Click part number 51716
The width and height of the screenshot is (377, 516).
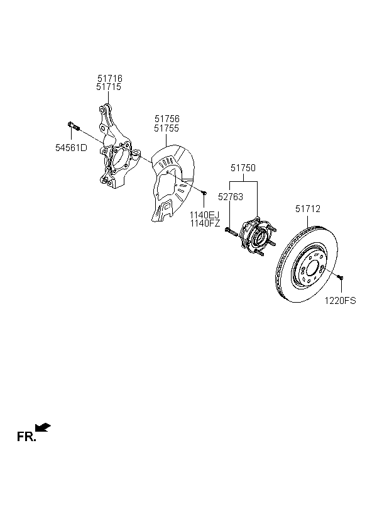coord(110,78)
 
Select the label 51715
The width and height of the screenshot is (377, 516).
coord(109,87)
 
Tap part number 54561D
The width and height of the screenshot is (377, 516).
coord(72,148)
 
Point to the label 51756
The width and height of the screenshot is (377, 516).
coord(167,119)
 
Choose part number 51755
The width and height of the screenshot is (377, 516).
coord(167,128)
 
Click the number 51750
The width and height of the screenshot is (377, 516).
coord(243,168)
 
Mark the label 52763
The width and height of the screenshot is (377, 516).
coord(231,197)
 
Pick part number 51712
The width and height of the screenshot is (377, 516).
coord(308,209)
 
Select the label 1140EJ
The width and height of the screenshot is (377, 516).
coord(204,215)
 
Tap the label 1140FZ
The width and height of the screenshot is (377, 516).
coord(205,223)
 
